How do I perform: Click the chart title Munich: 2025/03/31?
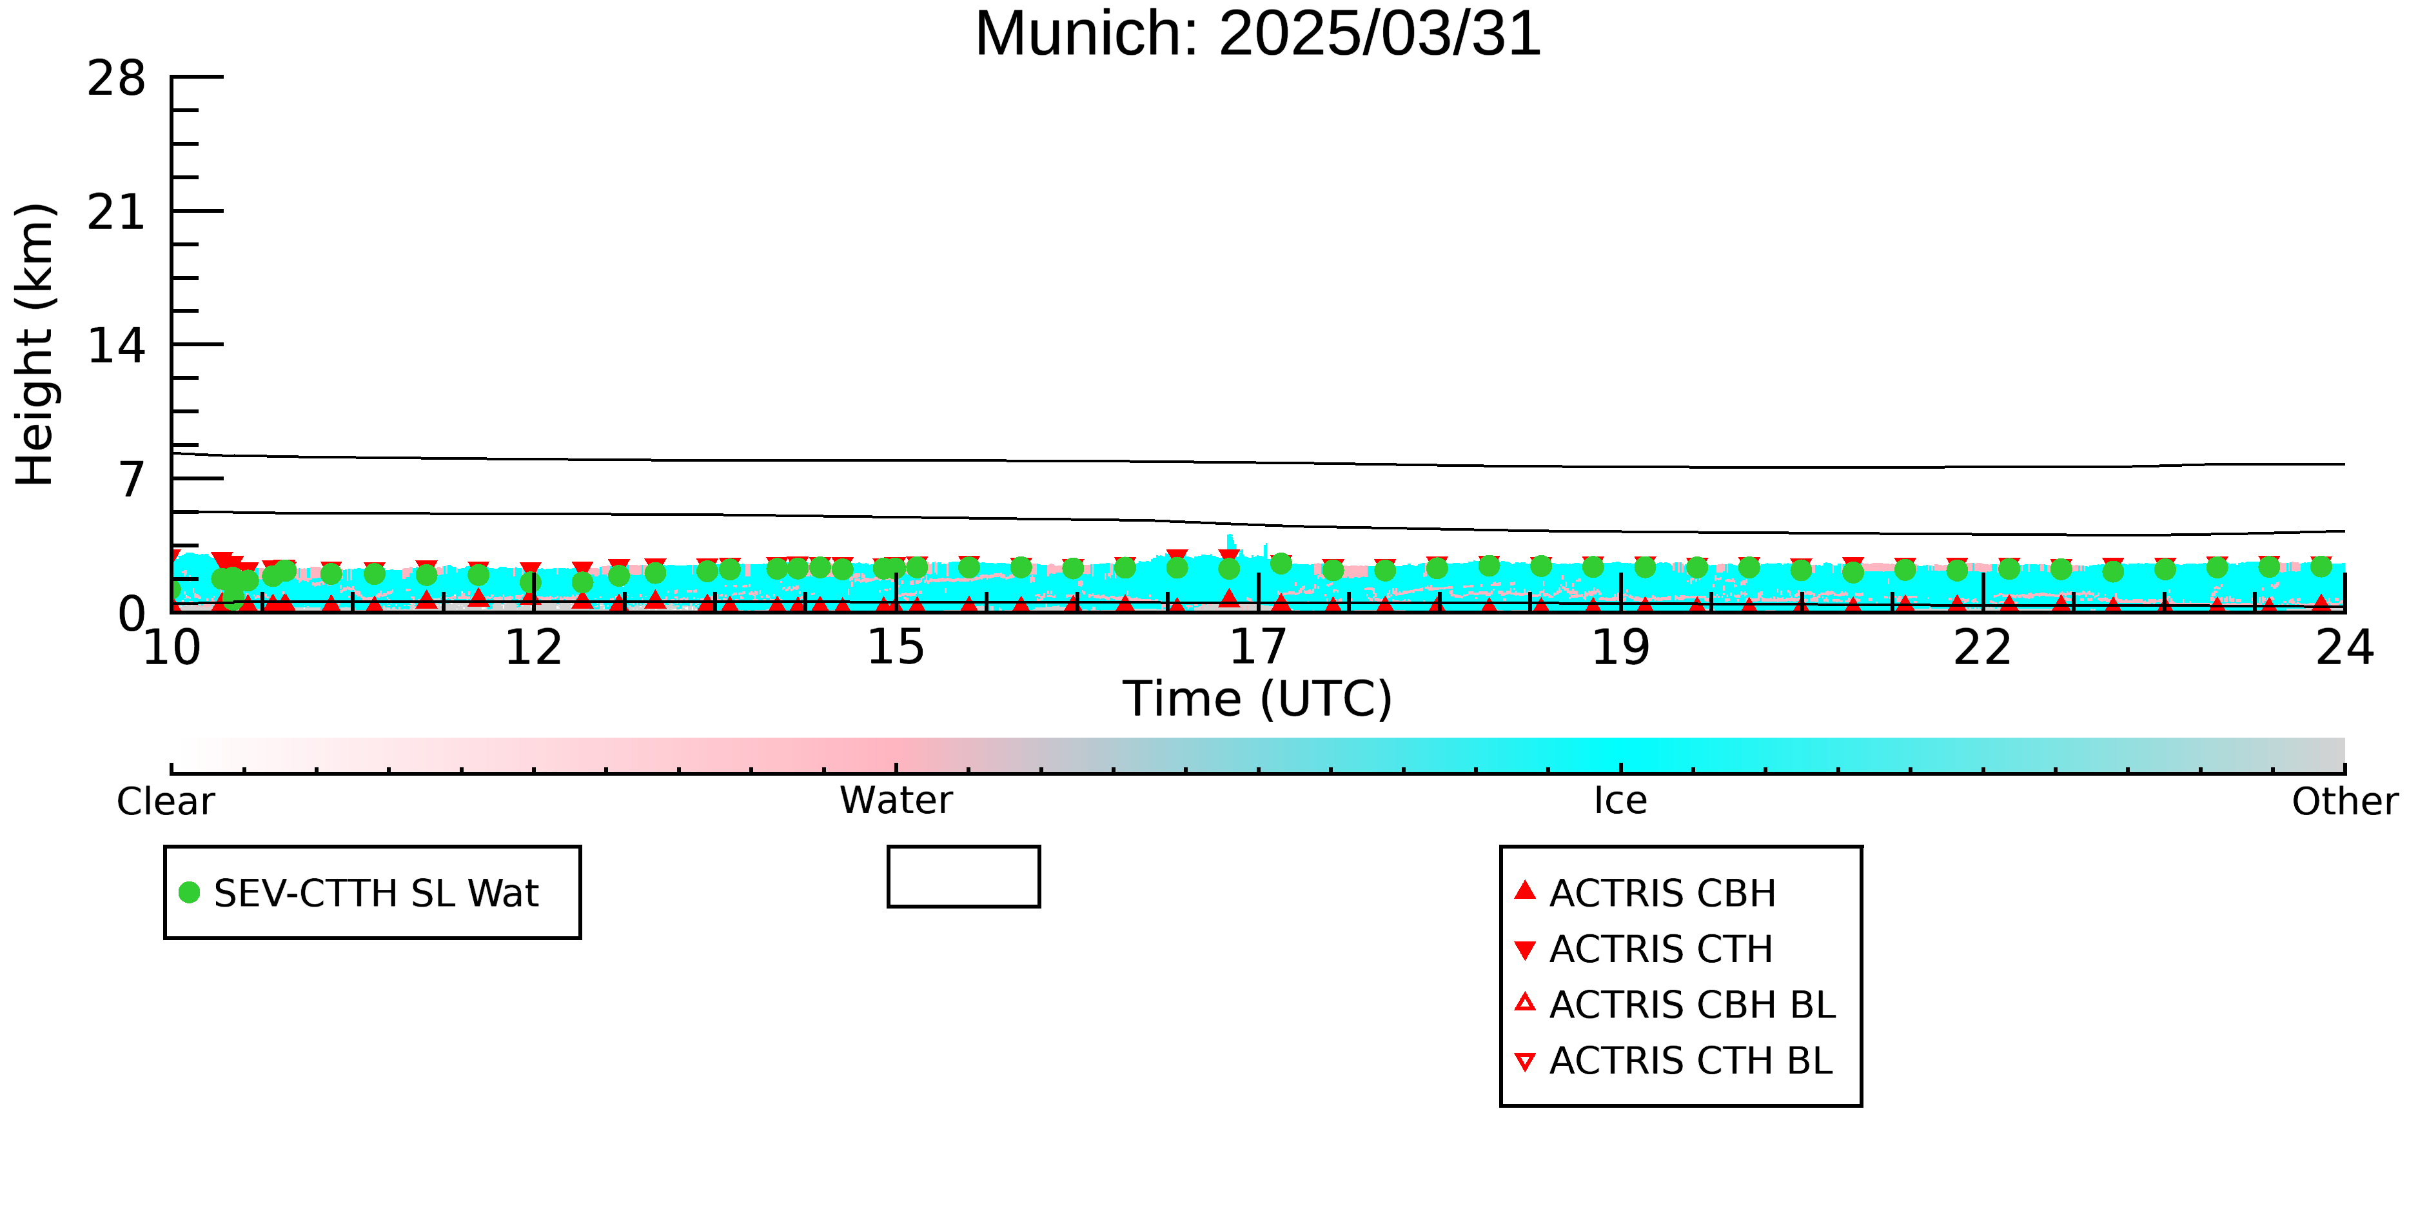1258,34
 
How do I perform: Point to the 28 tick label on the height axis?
117,78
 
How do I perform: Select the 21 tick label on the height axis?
117,212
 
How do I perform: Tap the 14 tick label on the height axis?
117,346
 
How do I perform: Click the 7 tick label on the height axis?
132,480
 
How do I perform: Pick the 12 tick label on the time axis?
533,647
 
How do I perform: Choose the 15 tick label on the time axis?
896,647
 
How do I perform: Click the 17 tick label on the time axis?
1258,647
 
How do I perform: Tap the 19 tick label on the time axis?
1620,647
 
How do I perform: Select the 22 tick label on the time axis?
1983,647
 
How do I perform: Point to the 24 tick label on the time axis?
2344,647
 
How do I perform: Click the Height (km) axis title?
35,344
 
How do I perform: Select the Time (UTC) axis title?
1258,700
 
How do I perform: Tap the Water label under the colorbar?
896,801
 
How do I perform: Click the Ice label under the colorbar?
1620,801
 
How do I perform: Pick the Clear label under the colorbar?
165,801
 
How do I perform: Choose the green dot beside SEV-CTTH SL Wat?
190,892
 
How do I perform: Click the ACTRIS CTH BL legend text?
1691,1061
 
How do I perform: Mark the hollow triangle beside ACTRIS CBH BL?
1526,1003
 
